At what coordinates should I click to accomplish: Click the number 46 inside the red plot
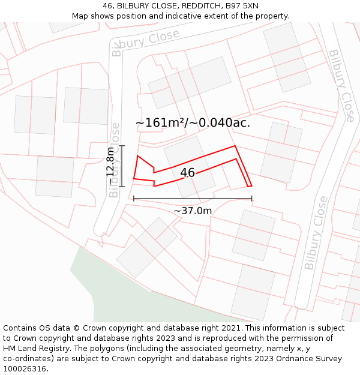[187, 173]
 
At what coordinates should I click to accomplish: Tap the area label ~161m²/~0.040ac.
[193, 123]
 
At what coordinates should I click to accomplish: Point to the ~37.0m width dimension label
[193, 211]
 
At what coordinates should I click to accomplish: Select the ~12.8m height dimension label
[110, 166]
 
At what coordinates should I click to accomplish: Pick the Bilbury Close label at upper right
[341, 85]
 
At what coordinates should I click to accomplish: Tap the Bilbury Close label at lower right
[316, 232]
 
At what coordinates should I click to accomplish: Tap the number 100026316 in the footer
[25, 369]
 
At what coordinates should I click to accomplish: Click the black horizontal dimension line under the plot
[193, 199]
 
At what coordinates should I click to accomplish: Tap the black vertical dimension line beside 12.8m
[122, 166]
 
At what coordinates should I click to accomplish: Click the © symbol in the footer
[76, 328]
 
